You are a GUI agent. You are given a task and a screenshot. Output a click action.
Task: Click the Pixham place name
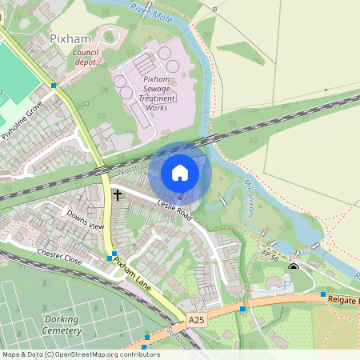[71, 38]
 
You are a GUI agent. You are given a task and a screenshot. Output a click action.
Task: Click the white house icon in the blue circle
[180, 172]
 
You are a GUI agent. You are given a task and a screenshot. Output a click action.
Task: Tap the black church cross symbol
[118, 194]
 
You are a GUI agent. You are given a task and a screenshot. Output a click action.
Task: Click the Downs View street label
[85, 220]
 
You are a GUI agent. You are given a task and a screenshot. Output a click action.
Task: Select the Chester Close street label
[59, 256]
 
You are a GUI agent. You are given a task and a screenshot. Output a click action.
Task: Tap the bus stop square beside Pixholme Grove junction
[54, 85]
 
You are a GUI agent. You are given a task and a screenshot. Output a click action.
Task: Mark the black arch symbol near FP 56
[294, 267]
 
